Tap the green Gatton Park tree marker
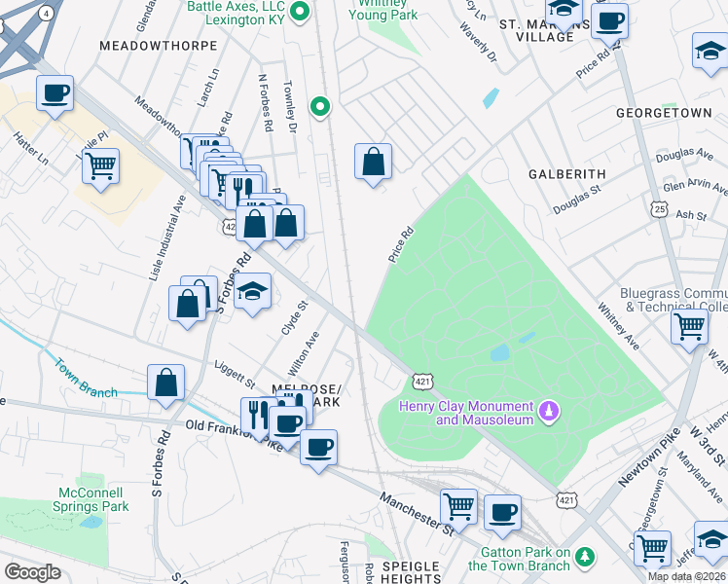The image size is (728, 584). click(585, 556)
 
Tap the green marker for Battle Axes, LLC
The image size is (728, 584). click(301, 13)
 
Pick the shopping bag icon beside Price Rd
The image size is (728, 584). click(373, 162)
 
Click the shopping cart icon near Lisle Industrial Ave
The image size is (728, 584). click(100, 167)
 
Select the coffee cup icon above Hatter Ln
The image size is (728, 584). click(55, 94)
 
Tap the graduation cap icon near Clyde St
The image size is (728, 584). click(252, 291)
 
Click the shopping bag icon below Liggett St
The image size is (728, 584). click(166, 383)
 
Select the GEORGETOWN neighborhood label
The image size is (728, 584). click(664, 113)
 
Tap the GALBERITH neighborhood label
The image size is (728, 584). click(566, 173)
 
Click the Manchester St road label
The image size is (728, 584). click(418, 512)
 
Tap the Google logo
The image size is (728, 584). click(32, 571)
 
